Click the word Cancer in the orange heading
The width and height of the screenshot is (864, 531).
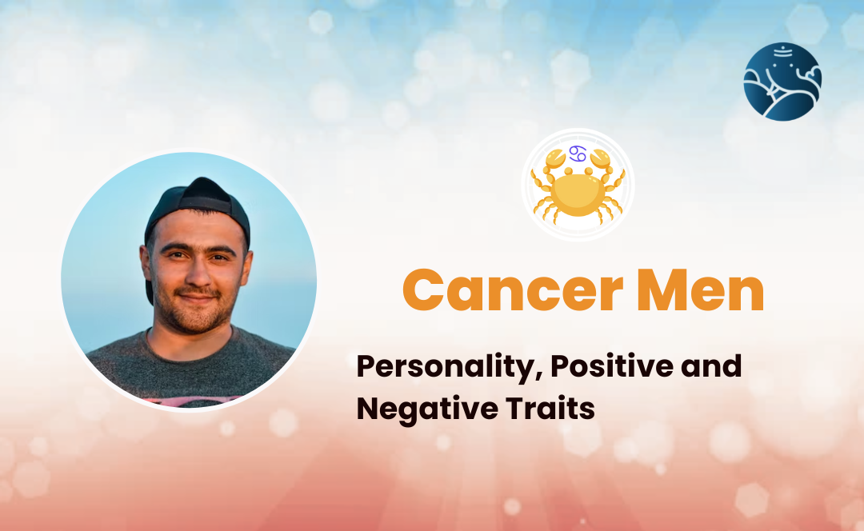click(x=513, y=290)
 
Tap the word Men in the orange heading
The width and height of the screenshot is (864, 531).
click(x=700, y=290)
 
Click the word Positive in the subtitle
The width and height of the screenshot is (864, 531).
click(x=612, y=365)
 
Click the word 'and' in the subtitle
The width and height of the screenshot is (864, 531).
click(x=711, y=365)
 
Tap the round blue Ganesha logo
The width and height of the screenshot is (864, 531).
click(x=782, y=82)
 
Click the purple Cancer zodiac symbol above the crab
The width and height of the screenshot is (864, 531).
click(x=578, y=154)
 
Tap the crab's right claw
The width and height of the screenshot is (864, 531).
click(x=602, y=160)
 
